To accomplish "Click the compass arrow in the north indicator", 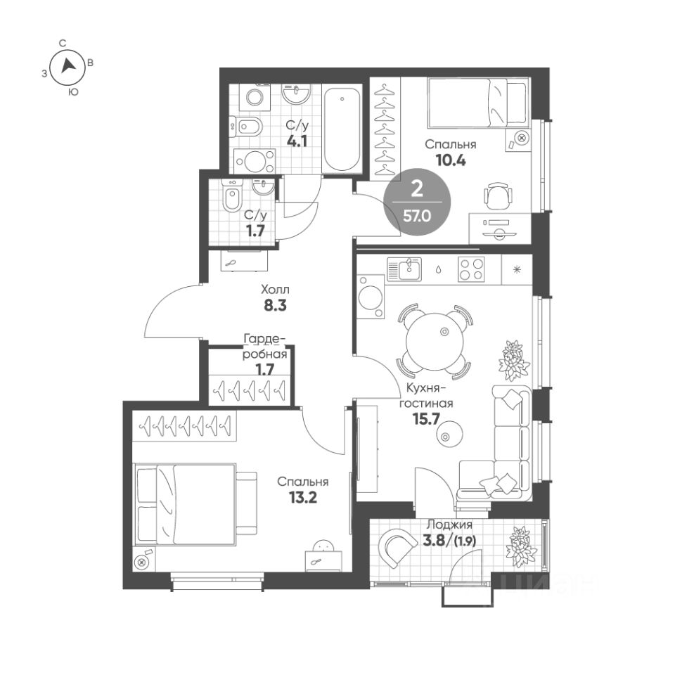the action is tap(68, 66).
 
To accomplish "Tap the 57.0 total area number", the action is tap(417, 216).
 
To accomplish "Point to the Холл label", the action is tap(275, 289).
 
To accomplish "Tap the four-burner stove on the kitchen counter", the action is tap(471, 269).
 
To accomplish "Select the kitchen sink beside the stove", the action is tap(404, 269).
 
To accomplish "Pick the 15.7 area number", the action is tap(426, 418).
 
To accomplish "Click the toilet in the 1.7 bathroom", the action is tap(233, 196).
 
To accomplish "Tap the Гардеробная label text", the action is tap(264, 347).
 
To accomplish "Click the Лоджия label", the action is tap(449, 525).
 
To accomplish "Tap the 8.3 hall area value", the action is tap(275, 305).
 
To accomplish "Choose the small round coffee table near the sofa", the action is tap(450, 434).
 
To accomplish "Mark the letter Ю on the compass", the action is tap(74, 91).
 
